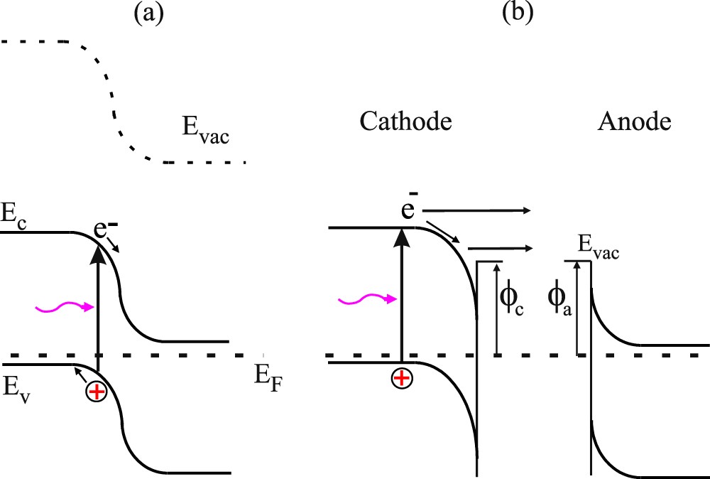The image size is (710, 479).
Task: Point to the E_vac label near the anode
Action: [x=597, y=249]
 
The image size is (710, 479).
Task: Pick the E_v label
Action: [x=15, y=388]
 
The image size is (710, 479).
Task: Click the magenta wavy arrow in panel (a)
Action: [x=65, y=307]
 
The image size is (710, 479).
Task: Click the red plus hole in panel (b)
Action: [x=402, y=379]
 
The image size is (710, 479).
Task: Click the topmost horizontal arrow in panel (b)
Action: [x=476, y=210]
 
